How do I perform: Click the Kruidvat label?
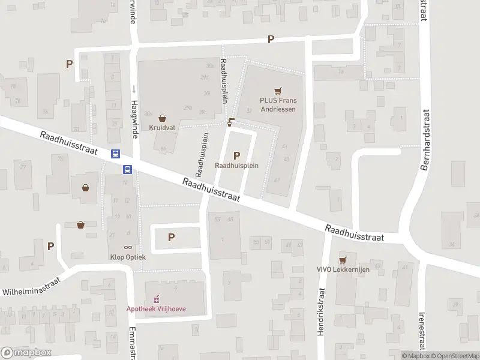(163, 128)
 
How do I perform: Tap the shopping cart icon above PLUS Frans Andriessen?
(277, 91)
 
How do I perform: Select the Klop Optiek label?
(128, 257)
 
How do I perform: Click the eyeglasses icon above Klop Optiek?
(128, 247)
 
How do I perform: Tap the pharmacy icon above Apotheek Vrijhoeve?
(156, 298)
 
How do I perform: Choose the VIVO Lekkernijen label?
(343, 269)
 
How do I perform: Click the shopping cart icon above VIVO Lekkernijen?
(343, 259)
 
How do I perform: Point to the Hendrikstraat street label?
(322, 311)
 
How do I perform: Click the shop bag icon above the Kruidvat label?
(163, 118)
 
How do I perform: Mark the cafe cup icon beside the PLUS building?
(232, 122)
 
